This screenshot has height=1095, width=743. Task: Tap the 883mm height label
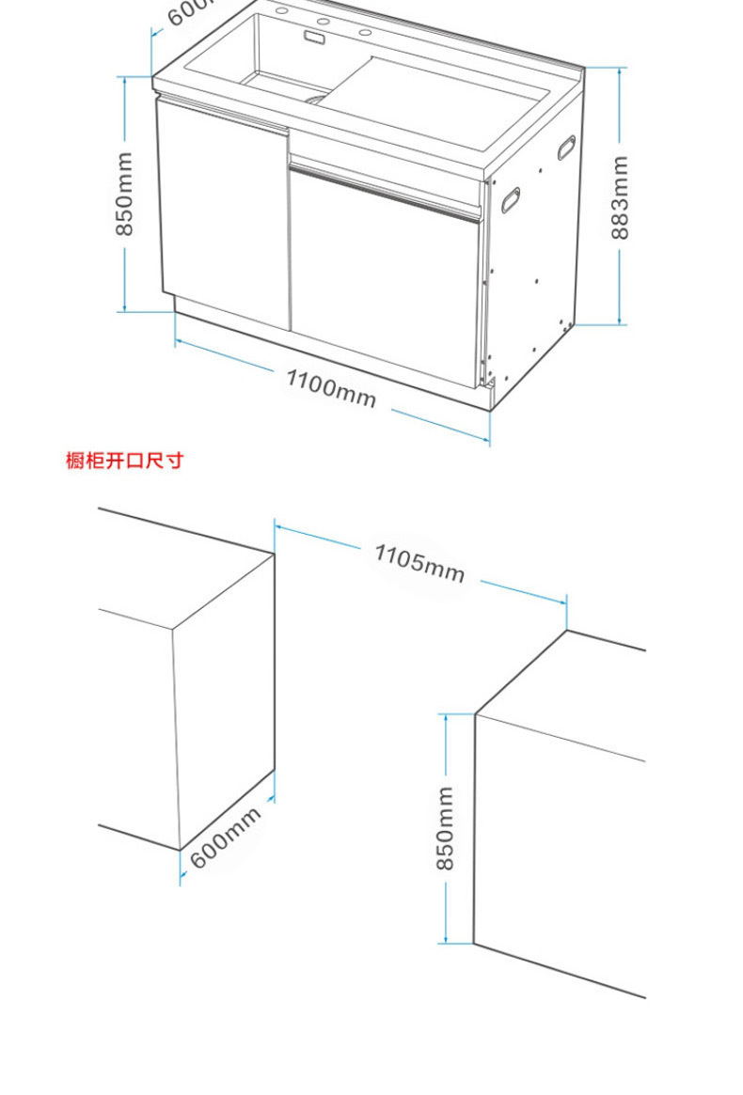point(620,196)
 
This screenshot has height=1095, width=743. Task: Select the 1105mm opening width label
point(419,562)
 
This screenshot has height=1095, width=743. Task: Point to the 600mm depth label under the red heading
point(226,837)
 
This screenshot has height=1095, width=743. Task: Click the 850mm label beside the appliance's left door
point(124,194)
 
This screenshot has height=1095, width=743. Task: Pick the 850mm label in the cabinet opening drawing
point(446,828)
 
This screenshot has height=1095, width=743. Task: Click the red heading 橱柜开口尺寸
point(124,461)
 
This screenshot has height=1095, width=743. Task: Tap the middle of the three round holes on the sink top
point(322,23)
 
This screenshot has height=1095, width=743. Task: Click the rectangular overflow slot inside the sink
point(313,38)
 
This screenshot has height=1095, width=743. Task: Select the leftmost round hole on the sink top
point(281,12)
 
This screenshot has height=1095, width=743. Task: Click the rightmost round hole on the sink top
point(364,34)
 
